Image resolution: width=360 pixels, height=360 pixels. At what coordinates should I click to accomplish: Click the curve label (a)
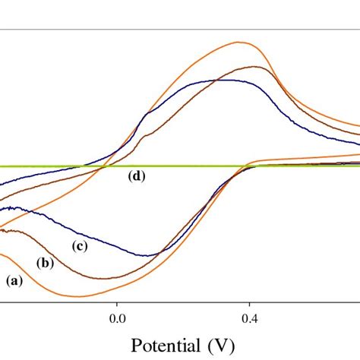pos(14,280)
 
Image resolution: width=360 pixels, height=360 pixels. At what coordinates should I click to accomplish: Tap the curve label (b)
pos(46,263)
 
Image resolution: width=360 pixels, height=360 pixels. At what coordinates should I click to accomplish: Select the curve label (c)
pos(80,245)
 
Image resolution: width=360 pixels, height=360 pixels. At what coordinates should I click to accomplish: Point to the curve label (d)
pos(137,176)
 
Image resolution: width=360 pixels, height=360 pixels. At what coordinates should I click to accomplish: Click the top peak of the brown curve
pos(258,67)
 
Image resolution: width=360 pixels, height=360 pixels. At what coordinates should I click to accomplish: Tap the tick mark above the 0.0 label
pos(117,302)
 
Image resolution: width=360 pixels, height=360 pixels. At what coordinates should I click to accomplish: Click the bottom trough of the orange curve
pos(84,296)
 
